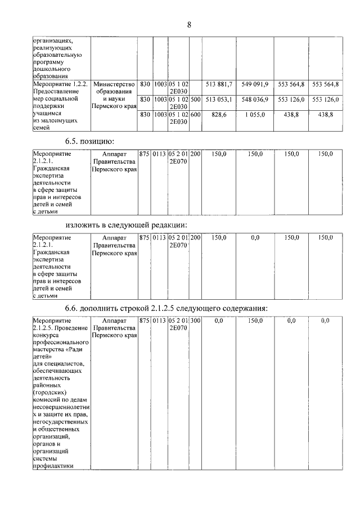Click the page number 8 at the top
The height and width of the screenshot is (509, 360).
[x=189, y=25]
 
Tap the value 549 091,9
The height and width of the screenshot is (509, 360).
[x=255, y=84]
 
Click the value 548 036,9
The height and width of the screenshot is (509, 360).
[x=255, y=100]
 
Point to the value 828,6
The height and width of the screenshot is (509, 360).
[x=216, y=114]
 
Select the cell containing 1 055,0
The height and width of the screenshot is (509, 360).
[x=255, y=114]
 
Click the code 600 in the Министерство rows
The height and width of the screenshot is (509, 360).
[x=195, y=114]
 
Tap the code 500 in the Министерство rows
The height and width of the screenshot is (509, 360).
[x=195, y=100]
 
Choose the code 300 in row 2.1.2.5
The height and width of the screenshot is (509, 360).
[x=195, y=321]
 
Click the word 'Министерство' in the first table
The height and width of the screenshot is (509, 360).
[x=115, y=84]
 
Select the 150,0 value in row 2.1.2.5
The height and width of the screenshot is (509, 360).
[x=255, y=321]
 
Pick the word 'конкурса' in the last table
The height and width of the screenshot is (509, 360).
[x=47, y=335]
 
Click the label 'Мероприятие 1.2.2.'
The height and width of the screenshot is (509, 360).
[x=60, y=84]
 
